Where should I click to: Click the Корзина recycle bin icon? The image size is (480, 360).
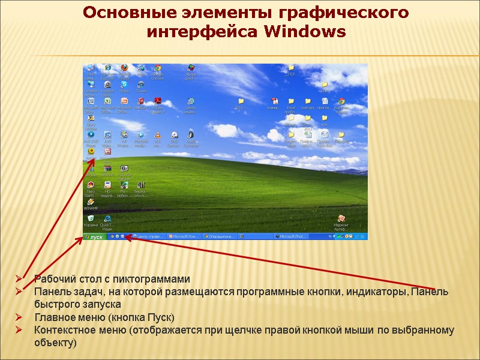[x=91, y=220]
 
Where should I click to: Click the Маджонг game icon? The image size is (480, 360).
[x=341, y=220]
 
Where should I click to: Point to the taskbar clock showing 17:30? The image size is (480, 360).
[x=360, y=237]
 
